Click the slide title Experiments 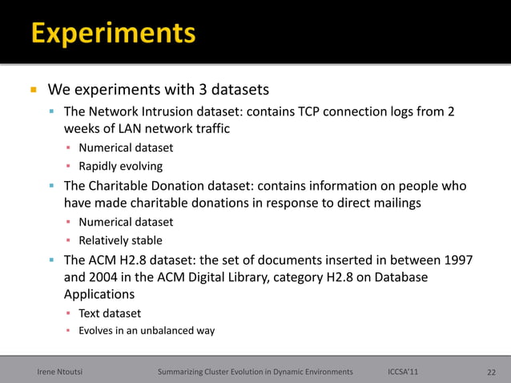tap(113, 34)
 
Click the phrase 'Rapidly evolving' tap(120, 167)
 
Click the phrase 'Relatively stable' tap(120, 240)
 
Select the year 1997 tap(456, 260)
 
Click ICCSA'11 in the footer tap(402, 372)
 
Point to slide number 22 tap(491, 372)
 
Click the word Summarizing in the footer tap(185, 372)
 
